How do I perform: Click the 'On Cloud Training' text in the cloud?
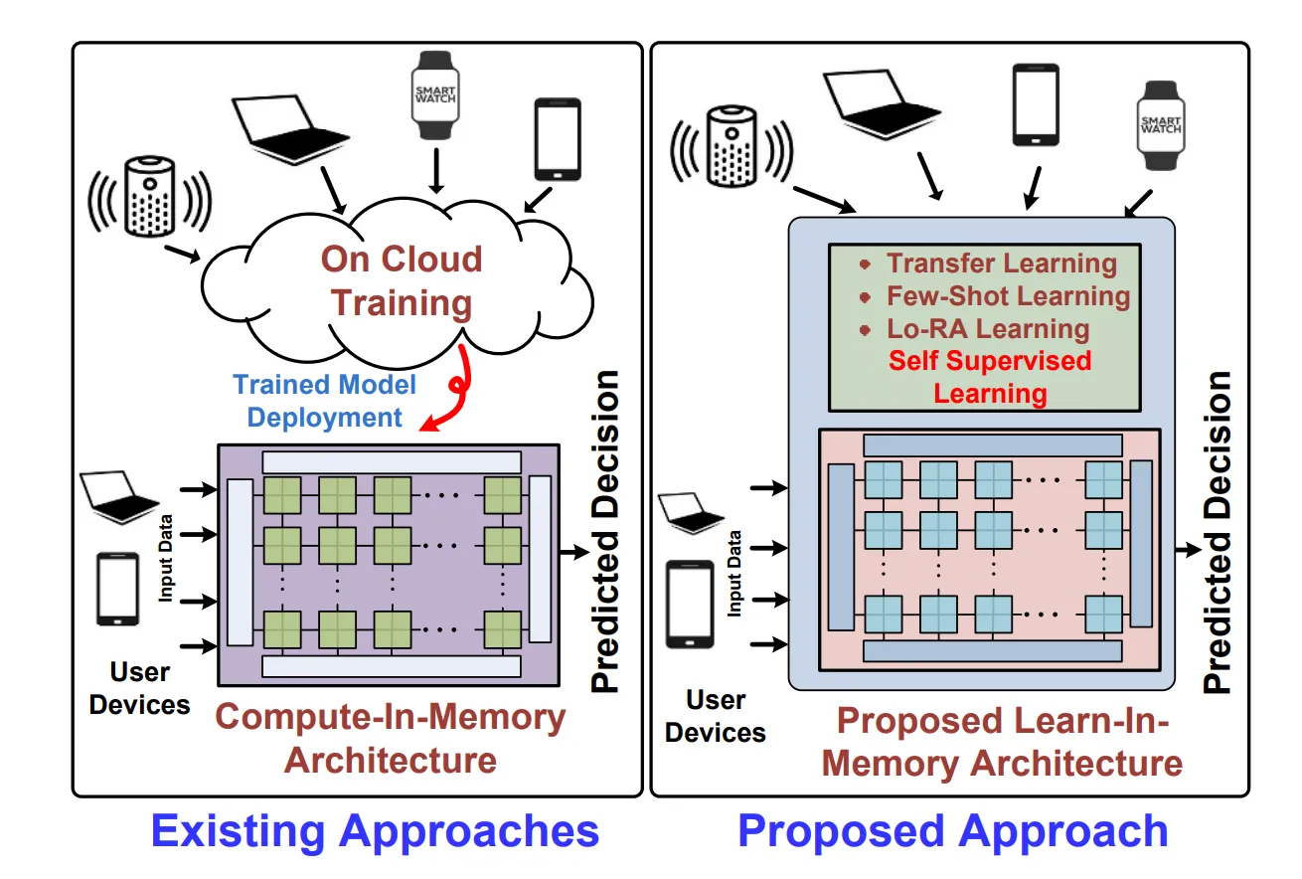click(402, 280)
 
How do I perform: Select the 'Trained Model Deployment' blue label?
click(325, 401)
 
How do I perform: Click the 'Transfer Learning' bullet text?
click(1001, 264)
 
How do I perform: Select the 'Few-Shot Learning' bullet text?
click(1008, 296)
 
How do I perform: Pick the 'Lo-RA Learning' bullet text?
click(988, 329)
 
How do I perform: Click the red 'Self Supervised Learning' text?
click(990, 376)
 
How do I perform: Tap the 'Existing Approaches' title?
click(375, 830)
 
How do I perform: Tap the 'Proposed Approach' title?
click(952, 830)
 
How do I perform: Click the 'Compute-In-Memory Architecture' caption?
click(391, 738)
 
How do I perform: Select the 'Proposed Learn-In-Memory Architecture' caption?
click(1003, 743)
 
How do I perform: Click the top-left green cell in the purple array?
click(281, 492)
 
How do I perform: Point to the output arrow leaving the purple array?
click(574, 549)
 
